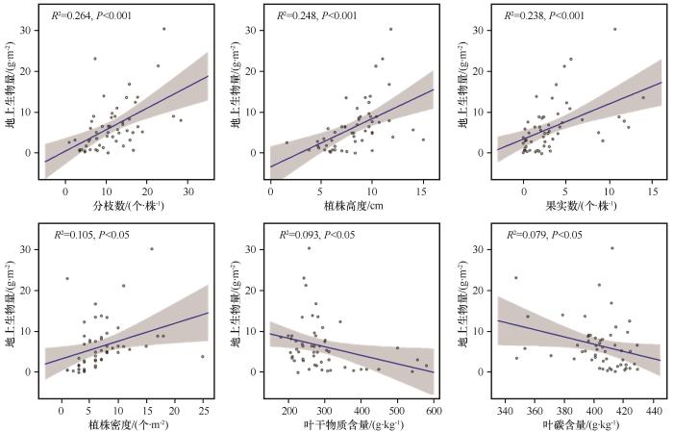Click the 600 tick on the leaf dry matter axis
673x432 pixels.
point(433,409)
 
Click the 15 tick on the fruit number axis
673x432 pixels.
point(654,191)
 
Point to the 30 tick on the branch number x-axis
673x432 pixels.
point(187,191)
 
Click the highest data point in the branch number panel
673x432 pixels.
point(163,29)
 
